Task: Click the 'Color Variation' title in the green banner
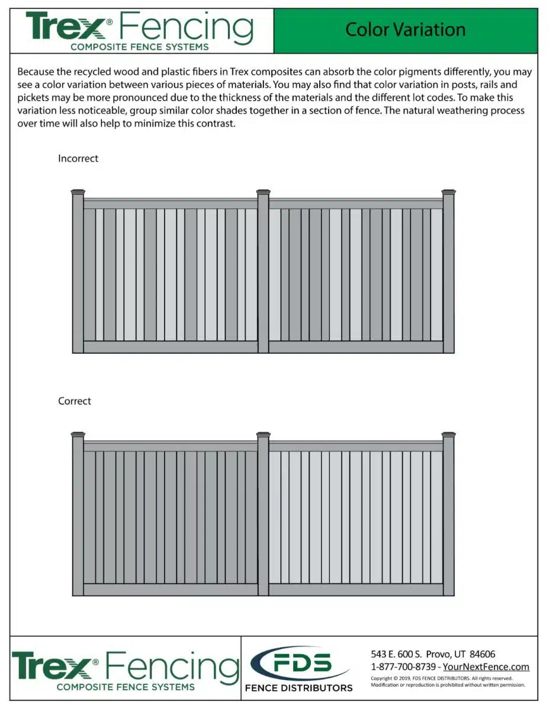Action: coord(405,30)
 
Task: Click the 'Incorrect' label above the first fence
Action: coord(78,159)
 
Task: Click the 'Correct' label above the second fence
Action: coord(75,401)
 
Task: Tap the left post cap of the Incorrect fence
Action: coord(78,192)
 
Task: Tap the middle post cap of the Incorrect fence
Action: coord(264,192)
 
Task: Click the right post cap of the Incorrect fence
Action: coord(448,192)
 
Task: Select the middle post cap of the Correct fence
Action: coord(264,435)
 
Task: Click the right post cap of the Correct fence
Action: coord(448,435)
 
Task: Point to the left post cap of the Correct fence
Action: coord(78,435)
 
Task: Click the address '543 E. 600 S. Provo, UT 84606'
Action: coord(433,654)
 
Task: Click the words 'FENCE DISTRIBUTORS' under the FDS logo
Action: coord(299,688)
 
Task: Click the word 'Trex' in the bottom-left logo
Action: coord(50,666)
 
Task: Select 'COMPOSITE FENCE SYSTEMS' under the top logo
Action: coord(139,46)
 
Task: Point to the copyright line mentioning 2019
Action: coord(441,678)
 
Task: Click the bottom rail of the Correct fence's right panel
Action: coord(356,590)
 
